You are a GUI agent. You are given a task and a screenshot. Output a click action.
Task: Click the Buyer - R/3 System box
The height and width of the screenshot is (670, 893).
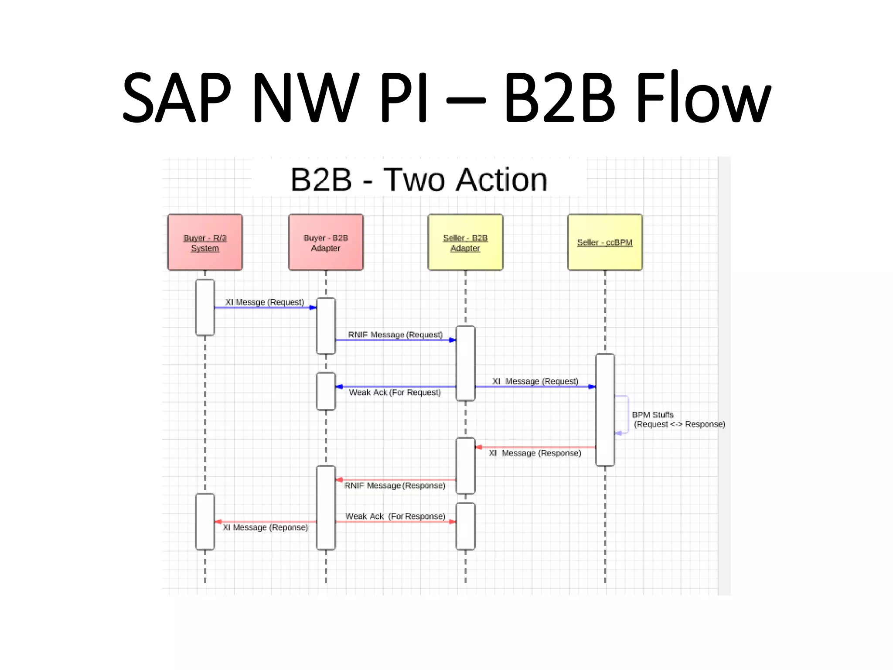coord(205,243)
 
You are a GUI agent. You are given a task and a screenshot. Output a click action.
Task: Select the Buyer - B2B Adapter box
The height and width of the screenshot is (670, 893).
coord(326,243)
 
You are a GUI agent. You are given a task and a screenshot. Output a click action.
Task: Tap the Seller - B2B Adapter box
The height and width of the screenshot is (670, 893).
coord(465,243)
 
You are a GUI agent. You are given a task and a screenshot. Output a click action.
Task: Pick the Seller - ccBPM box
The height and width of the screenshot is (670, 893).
coord(605,243)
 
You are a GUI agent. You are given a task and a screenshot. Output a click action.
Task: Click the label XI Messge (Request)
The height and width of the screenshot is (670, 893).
coord(264,302)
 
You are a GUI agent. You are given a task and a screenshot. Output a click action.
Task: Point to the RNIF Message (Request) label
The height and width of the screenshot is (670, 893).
coord(395,335)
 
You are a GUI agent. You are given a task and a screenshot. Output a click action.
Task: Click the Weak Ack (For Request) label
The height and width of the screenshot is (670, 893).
coord(395,393)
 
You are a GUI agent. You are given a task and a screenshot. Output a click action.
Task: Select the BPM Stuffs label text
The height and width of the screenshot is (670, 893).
coord(653,414)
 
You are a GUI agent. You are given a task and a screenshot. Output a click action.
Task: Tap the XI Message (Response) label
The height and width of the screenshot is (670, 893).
coord(535,453)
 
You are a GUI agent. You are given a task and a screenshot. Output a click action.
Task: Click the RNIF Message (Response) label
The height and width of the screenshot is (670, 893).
coord(395,485)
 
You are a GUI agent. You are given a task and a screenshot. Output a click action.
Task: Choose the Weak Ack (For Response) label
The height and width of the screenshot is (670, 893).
coord(395,516)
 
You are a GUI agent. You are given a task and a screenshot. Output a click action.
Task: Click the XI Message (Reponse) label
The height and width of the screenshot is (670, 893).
coord(265,527)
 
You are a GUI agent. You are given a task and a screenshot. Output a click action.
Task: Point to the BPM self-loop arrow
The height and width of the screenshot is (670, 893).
coord(627,414)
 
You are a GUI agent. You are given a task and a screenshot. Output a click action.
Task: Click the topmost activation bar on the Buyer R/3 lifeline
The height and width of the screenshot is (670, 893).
coord(205,308)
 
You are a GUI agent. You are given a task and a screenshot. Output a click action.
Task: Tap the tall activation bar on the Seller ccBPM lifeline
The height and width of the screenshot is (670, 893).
coord(605,410)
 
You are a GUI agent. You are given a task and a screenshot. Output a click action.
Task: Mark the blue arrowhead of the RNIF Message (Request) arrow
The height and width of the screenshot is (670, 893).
coord(453,340)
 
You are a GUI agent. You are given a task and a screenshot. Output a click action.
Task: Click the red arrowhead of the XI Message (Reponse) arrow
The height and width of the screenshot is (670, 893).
coord(218,522)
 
